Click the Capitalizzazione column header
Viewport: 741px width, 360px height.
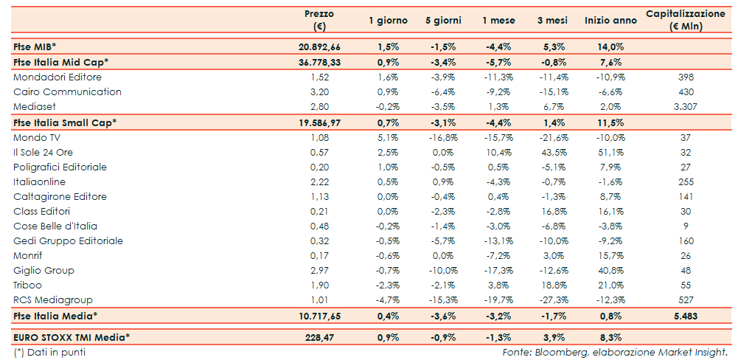[686, 20]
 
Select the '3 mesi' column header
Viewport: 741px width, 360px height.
[551, 21]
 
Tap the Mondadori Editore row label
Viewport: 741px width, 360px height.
[58, 77]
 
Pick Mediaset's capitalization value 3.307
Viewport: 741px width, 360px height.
[686, 106]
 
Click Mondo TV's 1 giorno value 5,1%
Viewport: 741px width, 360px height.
[388, 137]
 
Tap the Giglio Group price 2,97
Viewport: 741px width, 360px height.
[319, 270]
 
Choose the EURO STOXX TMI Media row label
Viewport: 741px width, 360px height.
[72, 337]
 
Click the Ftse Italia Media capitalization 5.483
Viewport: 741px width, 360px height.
[686, 316]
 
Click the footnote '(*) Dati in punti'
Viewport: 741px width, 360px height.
[49, 352]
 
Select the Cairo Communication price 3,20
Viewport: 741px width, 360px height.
[319, 91]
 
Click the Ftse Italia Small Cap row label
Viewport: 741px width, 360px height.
[65, 122]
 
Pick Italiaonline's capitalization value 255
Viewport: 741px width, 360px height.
[686, 181]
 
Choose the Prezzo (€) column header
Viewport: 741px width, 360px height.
[319, 20]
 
